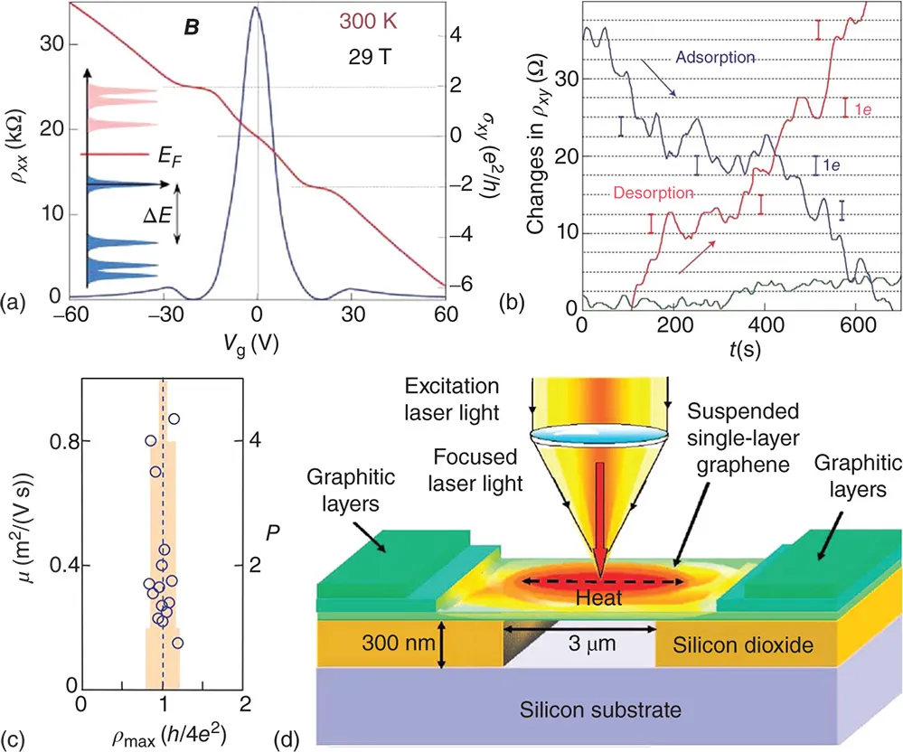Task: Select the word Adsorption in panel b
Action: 715,57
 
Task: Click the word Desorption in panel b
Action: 654,193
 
